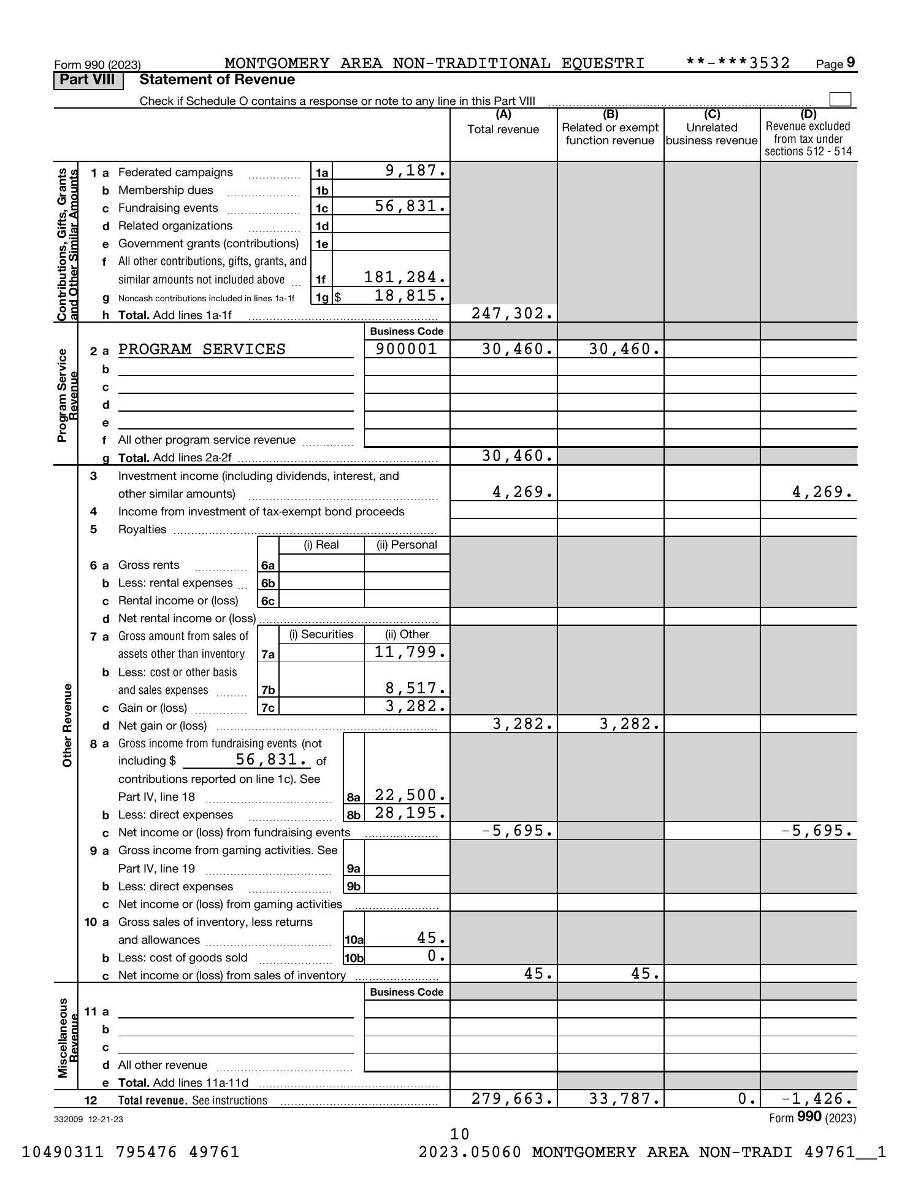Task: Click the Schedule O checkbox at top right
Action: click(839, 99)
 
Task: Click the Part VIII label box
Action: click(88, 80)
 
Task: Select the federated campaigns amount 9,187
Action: click(416, 171)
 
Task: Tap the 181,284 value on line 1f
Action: click(405, 277)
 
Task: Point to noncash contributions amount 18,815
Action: click(410, 296)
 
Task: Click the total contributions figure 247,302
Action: click(512, 314)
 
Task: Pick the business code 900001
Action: click(407, 349)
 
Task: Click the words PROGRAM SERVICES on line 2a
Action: click(202, 349)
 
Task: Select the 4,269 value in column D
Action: click(822, 492)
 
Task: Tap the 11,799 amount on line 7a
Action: click(410, 652)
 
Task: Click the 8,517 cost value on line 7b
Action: click(415, 688)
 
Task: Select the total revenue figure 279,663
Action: click(512, 1099)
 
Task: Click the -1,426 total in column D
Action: click(817, 1099)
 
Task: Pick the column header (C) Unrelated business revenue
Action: click(712, 128)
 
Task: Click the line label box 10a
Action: click(354, 940)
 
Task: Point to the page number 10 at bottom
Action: click(460, 1134)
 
